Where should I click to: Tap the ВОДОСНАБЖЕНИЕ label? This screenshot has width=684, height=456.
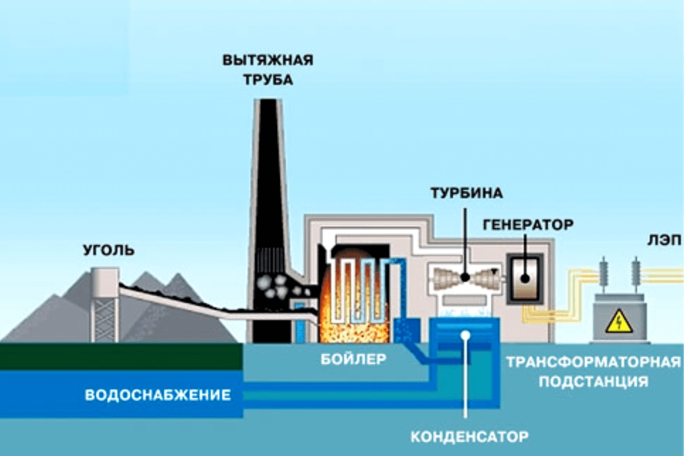[158, 394]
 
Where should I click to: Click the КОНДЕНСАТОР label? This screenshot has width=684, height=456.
[469, 437]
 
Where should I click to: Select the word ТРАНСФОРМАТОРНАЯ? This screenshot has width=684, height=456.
[593, 363]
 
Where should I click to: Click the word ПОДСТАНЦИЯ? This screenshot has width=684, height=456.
[593, 381]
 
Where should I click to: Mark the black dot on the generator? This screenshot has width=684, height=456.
[524, 279]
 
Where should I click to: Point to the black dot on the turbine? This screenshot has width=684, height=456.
[465, 278]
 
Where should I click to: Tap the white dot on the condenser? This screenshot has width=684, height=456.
[466, 335]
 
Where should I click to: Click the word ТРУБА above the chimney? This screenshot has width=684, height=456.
[268, 79]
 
